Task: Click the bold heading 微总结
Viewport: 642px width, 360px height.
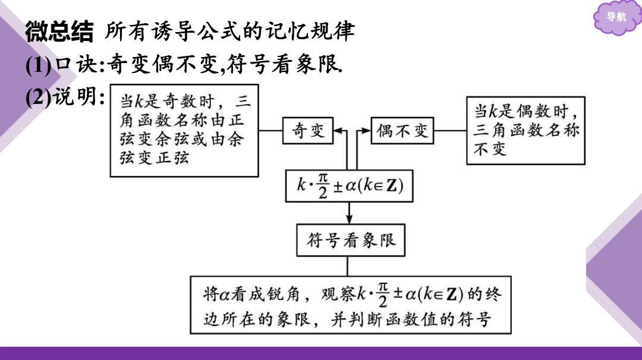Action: tap(59, 31)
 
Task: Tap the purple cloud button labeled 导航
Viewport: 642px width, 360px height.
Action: tap(616, 17)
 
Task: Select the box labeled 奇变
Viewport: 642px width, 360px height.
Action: tap(308, 131)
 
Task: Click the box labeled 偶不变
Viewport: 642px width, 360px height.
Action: tap(402, 131)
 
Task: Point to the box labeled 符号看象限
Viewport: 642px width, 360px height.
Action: tap(351, 240)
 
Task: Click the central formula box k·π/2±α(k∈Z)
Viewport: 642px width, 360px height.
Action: tap(349, 186)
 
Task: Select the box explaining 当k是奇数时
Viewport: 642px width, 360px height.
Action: tap(184, 131)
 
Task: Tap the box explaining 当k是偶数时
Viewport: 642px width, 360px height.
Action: tap(525, 131)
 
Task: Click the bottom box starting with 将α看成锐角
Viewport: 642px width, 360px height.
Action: tap(351, 305)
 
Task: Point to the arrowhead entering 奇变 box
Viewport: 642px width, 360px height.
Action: tap(338, 131)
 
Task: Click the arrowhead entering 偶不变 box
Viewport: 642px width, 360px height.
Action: tap(366, 131)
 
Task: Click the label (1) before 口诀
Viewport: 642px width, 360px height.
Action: tap(39, 65)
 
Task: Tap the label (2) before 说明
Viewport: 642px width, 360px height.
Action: tap(39, 97)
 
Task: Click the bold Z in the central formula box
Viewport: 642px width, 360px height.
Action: tap(392, 186)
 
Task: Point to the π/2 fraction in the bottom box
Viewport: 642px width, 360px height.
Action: tap(383, 295)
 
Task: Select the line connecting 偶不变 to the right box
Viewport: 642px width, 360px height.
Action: tap(450, 131)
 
